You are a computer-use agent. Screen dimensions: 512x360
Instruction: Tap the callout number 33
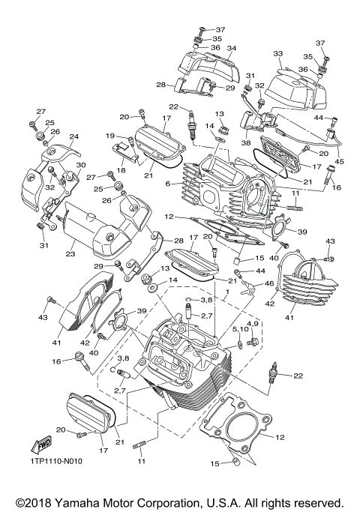tap(277, 54)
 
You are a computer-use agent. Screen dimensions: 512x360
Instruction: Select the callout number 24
tap(73, 136)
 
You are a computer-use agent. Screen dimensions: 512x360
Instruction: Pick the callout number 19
tap(109, 136)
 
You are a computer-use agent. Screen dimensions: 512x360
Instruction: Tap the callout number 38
tap(246, 142)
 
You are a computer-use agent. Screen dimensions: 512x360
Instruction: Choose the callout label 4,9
tap(253, 323)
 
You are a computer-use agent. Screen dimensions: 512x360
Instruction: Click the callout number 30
tap(81, 165)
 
